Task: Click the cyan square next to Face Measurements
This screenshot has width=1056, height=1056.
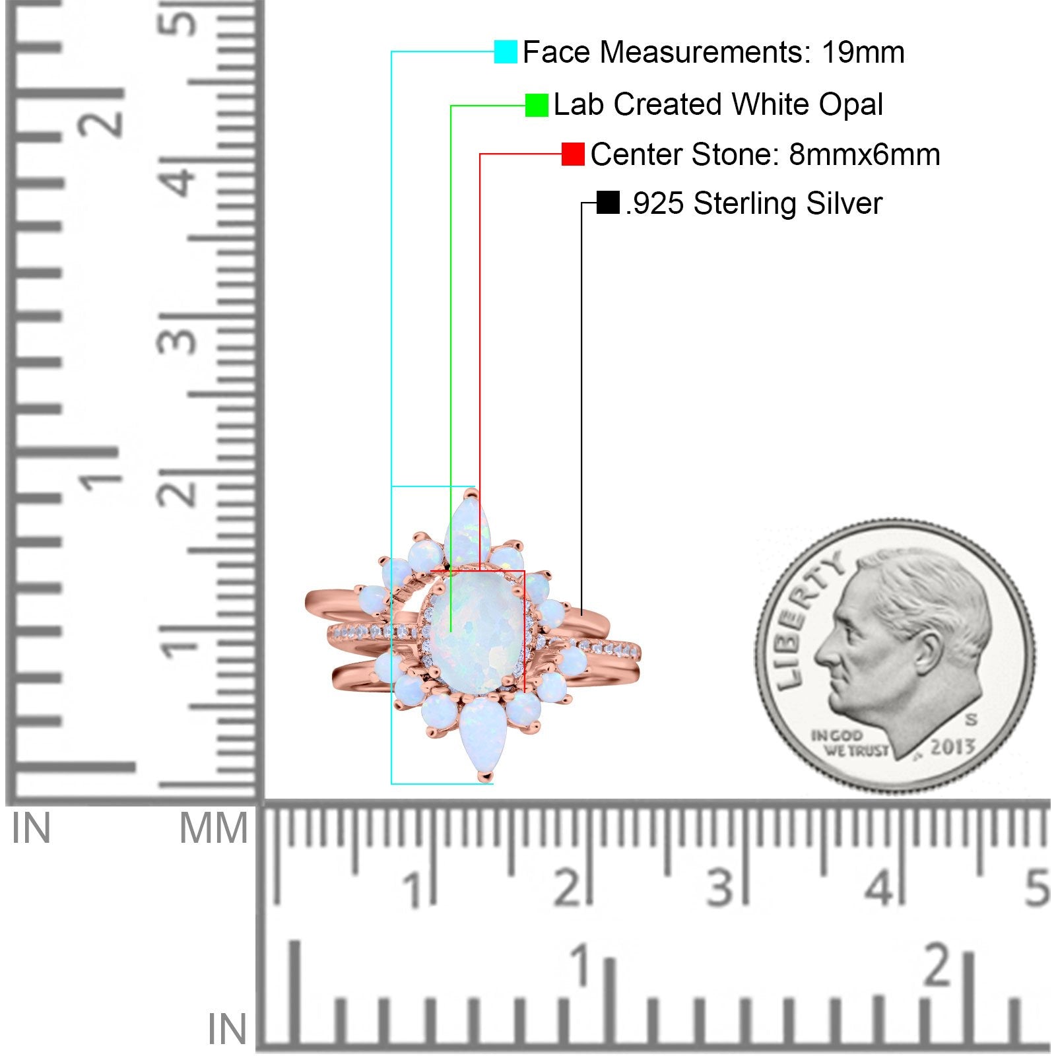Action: pyautogui.click(x=506, y=51)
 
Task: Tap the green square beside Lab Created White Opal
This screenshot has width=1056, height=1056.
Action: pyautogui.click(x=537, y=105)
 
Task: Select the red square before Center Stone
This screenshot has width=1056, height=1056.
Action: pyautogui.click(x=573, y=154)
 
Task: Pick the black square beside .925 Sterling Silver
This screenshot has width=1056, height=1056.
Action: pyautogui.click(x=608, y=203)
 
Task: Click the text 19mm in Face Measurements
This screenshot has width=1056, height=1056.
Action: pyautogui.click(x=863, y=52)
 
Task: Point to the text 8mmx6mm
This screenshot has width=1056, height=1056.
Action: pyautogui.click(x=865, y=154)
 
